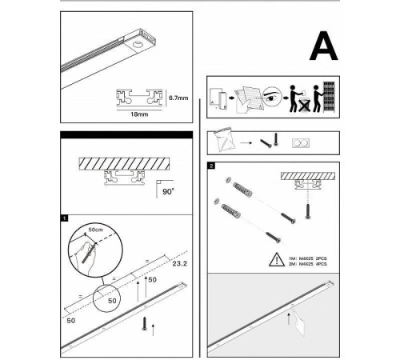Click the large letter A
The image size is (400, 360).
[324, 46]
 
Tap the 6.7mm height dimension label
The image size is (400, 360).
[178, 98]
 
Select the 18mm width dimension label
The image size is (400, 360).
[139, 114]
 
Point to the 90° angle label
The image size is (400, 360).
[168, 191]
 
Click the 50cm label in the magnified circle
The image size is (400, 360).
[95, 230]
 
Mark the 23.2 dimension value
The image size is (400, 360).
[180, 264]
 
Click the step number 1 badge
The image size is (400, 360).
[64, 218]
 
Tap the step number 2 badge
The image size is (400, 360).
[211, 166]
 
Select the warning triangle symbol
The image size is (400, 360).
[277, 259]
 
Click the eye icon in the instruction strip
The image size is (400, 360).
[272, 96]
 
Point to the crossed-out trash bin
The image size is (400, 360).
[304, 105]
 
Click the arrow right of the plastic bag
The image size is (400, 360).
[246, 143]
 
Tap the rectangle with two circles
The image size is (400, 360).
[301, 143]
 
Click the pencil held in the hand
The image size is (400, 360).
[90, 253]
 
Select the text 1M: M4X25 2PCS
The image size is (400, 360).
[307, 258]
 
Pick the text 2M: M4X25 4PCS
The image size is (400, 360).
[307, 264]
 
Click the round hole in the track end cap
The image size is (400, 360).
[138, 45]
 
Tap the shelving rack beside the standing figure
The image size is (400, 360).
[329, 97]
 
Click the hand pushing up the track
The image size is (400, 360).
[298, 322]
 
